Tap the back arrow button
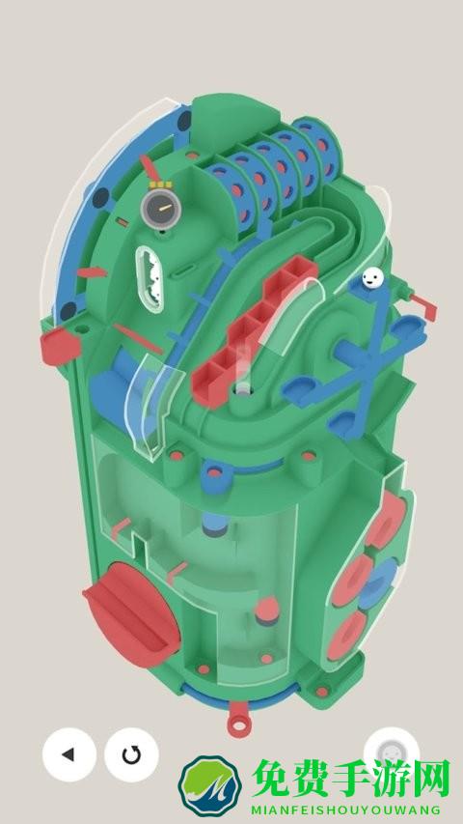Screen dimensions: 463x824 [x=69, y=754]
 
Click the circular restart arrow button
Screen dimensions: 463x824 [x=131, y=754]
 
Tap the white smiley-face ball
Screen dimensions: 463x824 [x=372, y=277]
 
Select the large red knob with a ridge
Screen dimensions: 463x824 [x=131, y=614]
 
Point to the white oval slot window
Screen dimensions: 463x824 [x=150, y=279]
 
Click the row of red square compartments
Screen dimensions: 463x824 [x=254, y=330]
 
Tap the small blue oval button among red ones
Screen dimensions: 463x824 [x=379, y=583]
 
